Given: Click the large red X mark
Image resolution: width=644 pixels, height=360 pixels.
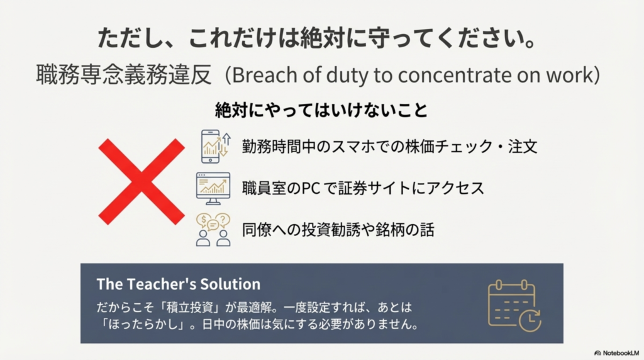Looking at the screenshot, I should (x=142, y=182).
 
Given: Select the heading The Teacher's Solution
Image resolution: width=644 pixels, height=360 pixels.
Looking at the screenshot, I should (x=178, y=284).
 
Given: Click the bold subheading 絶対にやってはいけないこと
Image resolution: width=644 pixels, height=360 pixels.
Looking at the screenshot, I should (x=321, y=110).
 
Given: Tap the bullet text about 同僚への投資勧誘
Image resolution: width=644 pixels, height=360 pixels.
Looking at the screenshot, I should (x=338, y=229).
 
